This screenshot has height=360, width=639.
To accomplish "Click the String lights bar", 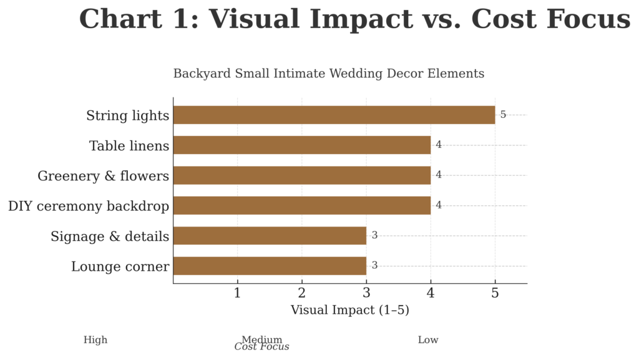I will point(334,115).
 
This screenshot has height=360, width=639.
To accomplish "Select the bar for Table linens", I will point(301,145).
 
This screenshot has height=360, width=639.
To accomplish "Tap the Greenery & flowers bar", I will point(301,175).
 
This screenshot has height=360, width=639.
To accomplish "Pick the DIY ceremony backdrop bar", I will point(301,205).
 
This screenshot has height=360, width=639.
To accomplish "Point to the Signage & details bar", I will point(270,236).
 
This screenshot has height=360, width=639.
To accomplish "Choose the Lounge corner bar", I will point(270,266).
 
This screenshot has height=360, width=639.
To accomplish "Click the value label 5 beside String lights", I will point(503,115).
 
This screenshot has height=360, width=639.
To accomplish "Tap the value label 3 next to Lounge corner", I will point(374,266).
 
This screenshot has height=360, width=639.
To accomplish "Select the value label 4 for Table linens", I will point(439,145).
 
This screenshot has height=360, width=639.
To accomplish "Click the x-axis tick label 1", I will point(237,293).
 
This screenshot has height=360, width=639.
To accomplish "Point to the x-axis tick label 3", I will point(366,293).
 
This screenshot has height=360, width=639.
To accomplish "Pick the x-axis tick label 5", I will point(495,293).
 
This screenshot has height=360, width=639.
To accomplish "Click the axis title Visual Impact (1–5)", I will point(349,310).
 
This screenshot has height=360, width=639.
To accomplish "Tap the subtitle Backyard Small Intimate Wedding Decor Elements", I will point(328,74).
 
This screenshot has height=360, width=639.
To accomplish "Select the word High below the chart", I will point(95,340).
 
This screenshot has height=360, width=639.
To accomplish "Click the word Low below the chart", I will point(428,340).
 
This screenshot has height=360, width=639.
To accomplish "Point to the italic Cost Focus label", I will point(261,347).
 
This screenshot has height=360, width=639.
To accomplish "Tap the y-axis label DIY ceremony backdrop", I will point(88,206).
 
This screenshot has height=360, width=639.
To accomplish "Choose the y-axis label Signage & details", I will point(110,236).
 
